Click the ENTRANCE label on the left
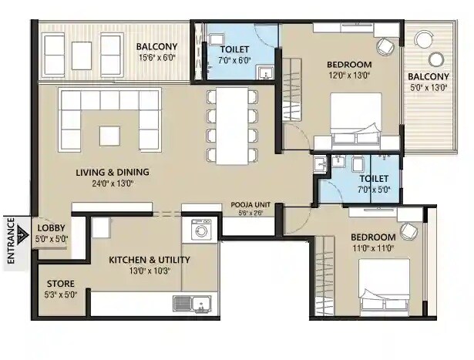tap(12, 242)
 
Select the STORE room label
tap(61, 288)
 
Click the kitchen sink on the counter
tap(192, 303)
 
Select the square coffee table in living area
tap(110, 136)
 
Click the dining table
tap(232, 125)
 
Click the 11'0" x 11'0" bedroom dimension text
tap(373, 247)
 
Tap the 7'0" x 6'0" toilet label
tap(234, 59)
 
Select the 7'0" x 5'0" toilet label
tap(373, 189)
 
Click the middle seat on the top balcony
tap(82, 55)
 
